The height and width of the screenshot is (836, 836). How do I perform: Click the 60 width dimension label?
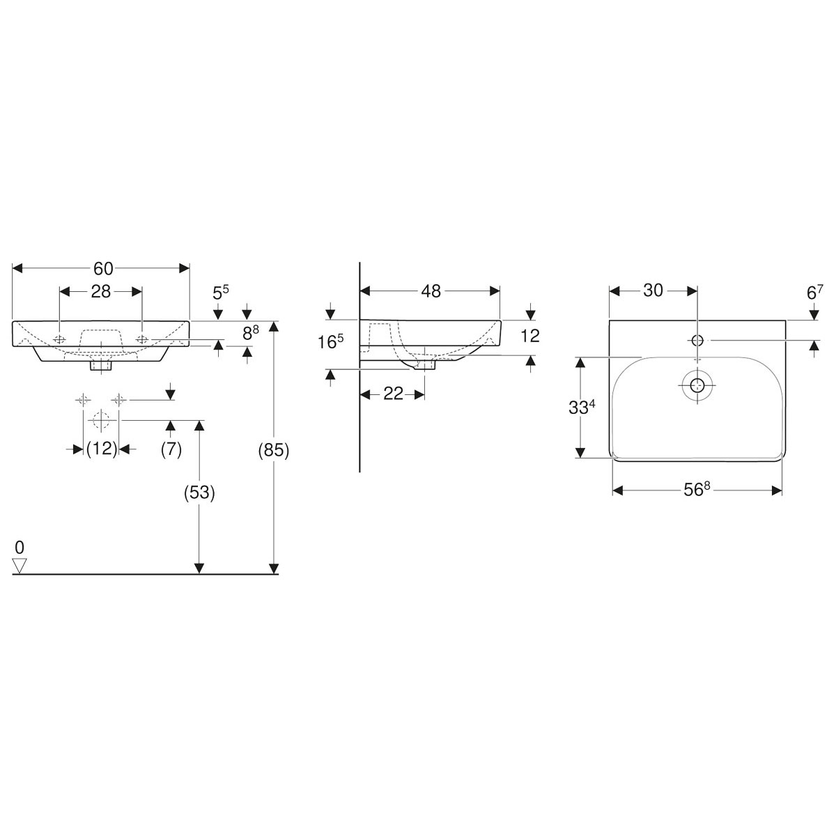coord(102,268)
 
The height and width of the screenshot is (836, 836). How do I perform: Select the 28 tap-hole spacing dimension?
coord(101,291)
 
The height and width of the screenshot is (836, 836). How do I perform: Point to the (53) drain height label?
coord(199,493)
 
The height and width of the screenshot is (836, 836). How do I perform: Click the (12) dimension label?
coord(101,449)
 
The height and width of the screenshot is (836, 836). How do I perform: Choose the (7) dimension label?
coord(171,449)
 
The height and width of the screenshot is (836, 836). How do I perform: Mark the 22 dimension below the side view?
coord(393,394)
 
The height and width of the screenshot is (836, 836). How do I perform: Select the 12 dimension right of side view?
coord(530,335)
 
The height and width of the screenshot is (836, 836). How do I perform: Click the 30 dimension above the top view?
coord(653,291)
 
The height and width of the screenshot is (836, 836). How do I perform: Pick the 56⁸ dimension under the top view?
coord(696,490)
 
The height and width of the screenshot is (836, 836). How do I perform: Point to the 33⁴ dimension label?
coord(580,407)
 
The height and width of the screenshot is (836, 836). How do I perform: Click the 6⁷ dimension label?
coord(814,293)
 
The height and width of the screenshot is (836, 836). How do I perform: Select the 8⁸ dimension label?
coord(251,333)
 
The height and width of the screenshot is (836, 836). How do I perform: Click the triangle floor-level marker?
coord(20,566)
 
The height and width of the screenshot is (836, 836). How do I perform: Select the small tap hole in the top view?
coord(697,340)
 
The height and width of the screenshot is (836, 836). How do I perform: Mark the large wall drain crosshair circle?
coord(101,421)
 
